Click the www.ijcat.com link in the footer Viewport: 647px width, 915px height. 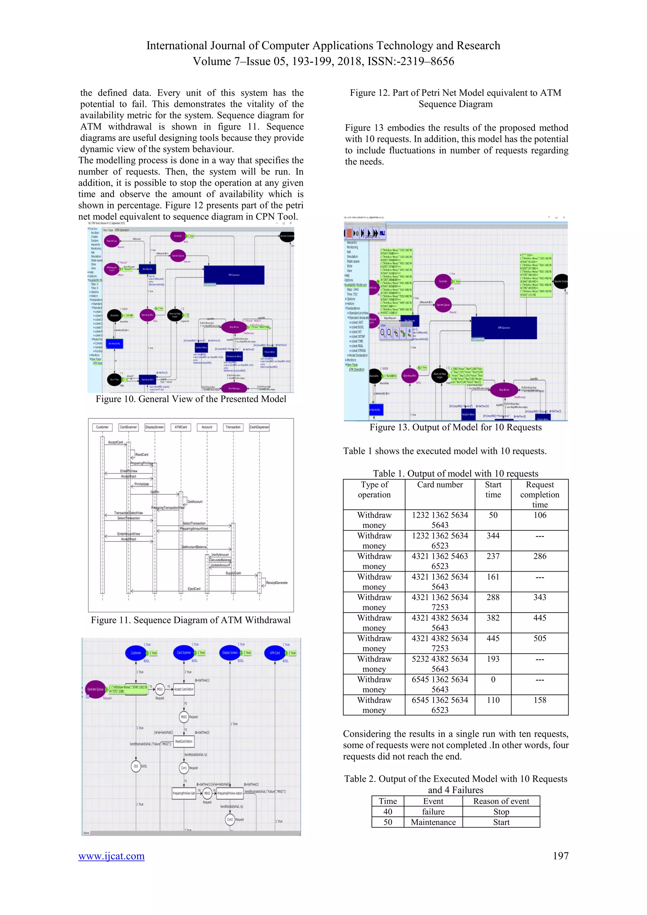pos(111,856)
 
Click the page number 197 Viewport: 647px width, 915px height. pos(560,856)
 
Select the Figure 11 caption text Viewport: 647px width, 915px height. pos(190,620)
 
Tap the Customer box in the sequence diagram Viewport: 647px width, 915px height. pos(102,427)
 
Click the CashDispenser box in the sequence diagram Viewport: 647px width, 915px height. pos(259,427)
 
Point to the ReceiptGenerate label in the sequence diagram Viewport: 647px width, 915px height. pos(276,583)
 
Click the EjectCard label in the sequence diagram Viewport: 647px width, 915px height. pos(194,589)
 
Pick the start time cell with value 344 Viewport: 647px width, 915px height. pos(493,536)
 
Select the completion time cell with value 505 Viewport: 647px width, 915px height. pos(540,639)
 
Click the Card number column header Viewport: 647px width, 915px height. pos(440,485)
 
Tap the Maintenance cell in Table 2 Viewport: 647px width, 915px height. pos(433,822)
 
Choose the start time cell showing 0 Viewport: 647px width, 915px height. pos(493,680)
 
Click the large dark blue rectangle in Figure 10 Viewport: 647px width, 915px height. pos(234,275)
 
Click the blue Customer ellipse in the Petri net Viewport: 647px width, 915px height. pos(136,653)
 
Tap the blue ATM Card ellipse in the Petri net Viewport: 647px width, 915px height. pos(275,653)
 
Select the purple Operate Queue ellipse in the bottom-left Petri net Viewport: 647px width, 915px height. pos(95,689)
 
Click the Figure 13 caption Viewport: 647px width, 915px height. pos(455,427)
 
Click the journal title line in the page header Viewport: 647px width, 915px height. pos(323,46)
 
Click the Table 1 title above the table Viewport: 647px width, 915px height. pos(455,473)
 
